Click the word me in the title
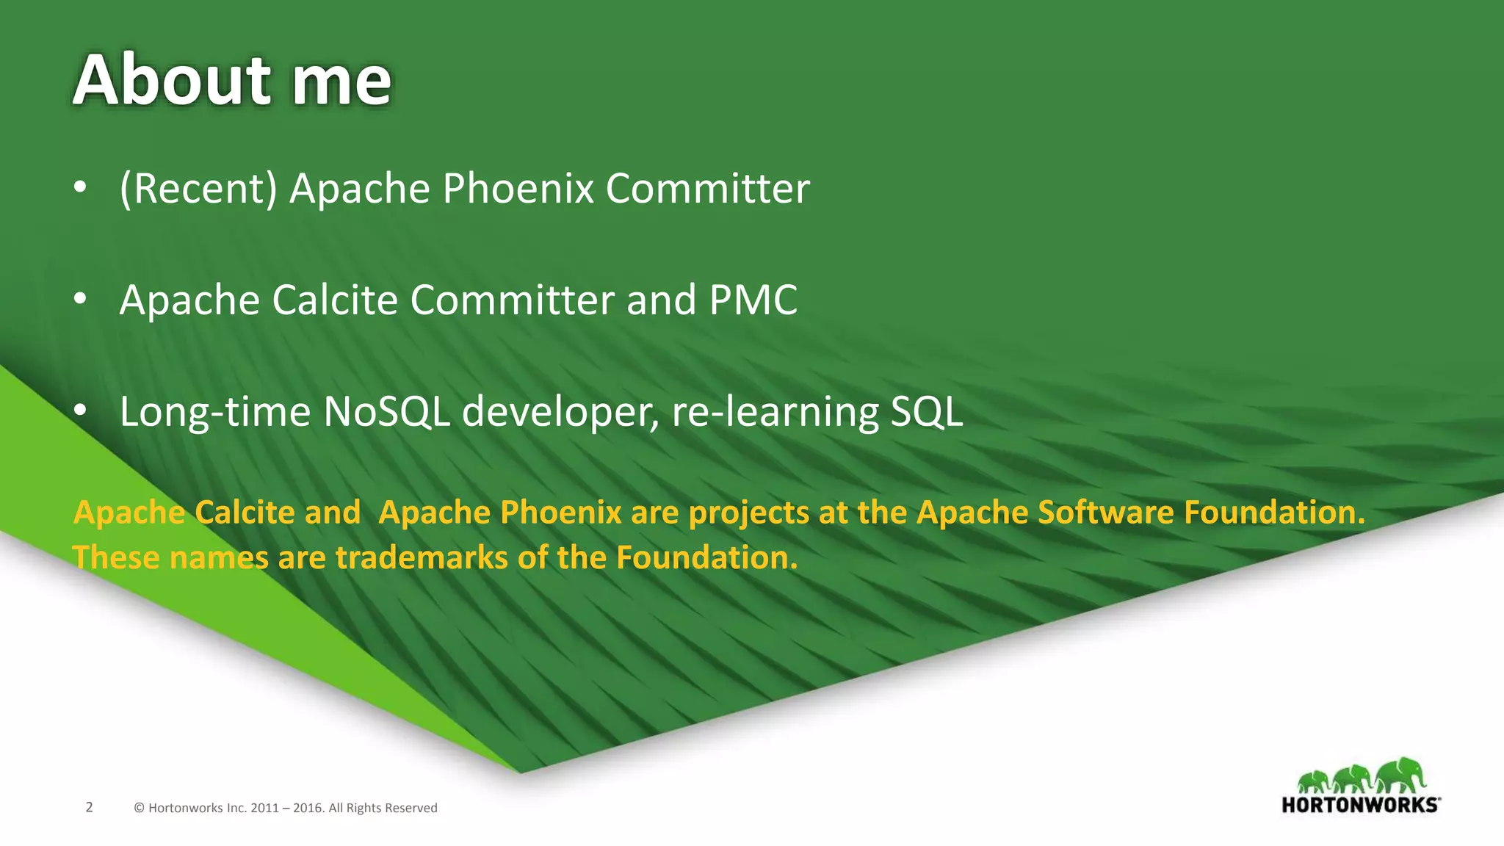(341, 81)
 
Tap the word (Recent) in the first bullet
(198, 189)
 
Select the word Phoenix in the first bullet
(518, 189)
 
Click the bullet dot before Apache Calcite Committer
(80, 299)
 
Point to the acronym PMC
(753, 300)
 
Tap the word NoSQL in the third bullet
(386, 411)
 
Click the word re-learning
(775, 413)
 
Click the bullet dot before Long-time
(80, 411)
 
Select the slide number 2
(89, 807)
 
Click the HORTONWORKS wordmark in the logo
(1360, 805)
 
